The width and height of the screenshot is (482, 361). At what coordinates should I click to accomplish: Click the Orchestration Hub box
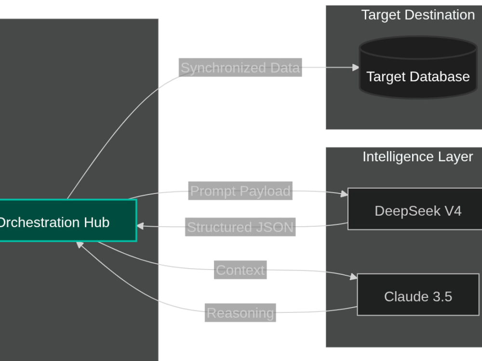pyautogui.click(x=68, y=220)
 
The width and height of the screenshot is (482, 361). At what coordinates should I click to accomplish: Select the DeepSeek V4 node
pyautogui.click(x=415, y=209)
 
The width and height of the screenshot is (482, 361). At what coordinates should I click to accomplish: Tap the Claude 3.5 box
pyautogui.click(x=418, y=295)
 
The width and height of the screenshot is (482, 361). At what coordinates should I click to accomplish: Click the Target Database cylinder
pyautogui.click(x=418, y=67)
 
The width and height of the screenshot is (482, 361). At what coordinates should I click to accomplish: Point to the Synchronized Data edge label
pyautogui.click(x=240, y=67)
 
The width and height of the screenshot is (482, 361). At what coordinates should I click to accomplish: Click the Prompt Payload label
pyautogui.click(x=240, y=191)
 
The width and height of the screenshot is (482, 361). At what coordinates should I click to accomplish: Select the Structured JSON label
pyautogui.click(x=240, y=227)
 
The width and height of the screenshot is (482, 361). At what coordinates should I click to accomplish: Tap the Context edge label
pyautogui.click(x=240, y=270)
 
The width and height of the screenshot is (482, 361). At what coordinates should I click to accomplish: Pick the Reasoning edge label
pyautogui.click(x=240, y=313)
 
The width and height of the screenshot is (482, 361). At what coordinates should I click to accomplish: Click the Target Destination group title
pyautogui.click(x=418, y=15)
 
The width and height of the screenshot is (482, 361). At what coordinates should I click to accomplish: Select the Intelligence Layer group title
pyautogui.click(x=418, y=156)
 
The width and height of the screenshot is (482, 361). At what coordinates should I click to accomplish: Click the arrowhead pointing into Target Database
pyautogui.click(x=356, y=67)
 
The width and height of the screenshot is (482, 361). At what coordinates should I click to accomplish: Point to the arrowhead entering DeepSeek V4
pyautogui.click(x=345, y=193)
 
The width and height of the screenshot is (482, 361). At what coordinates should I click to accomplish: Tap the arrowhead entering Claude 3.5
pyautogui.click(x=354, y=277)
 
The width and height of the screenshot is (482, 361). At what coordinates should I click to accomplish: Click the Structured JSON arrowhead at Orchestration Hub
pyautogui.click(x=140, y=226)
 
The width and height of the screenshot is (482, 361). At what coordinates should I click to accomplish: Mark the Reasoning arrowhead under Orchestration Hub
pyautogui.click(x=80, y=245)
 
